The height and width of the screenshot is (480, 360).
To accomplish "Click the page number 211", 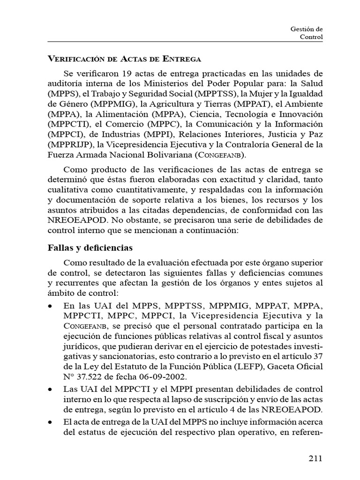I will (315, 458).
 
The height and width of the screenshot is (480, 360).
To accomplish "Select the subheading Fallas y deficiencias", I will (90, 247).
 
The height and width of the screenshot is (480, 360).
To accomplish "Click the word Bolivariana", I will (166, 155).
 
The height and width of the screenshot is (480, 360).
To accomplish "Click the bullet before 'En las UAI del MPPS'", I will (51, 306).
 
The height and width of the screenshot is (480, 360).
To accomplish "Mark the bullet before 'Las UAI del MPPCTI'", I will (51, 390).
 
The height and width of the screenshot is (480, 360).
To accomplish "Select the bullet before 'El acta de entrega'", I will (51, 422).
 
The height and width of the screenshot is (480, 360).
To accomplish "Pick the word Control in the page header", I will (311, 37).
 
